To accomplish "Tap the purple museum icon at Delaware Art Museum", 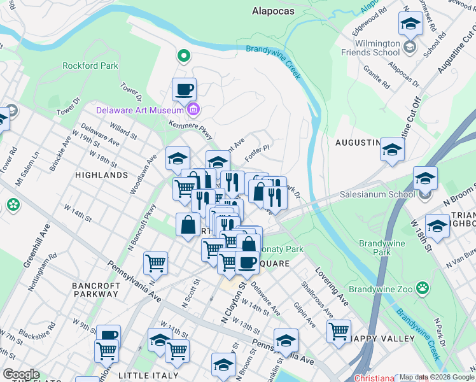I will coord(193,111).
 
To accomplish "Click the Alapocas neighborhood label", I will coord(272,11).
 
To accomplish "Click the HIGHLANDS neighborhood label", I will coord(101,174).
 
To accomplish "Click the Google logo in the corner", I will coord(20,374).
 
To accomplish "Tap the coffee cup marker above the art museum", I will coord(184,89).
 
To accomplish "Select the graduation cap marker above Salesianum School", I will coord(425,178).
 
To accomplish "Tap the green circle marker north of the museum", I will coord(184,57).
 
